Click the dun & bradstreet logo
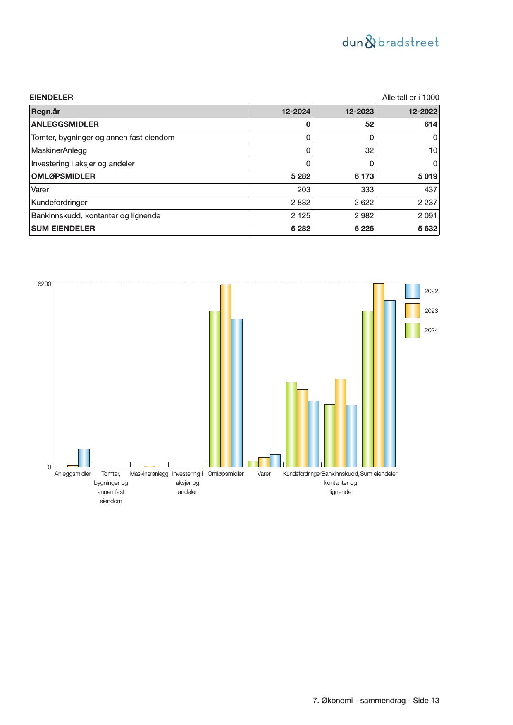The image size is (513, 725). pyautogui.click(x=390, y=42)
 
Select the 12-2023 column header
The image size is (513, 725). pyautogui.click(x=359, y=112)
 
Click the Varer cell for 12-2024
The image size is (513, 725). pyautogui.click(x=303, y=190)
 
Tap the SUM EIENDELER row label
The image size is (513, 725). pyautogui.click(x=63, y=229)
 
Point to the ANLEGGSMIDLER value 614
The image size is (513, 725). pyautogui.click(x=430, y=124)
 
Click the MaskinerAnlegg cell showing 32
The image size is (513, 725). pyautogui.click(x=369, y=150)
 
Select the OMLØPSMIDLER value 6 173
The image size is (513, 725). pyautogui.click(x=364, y=176)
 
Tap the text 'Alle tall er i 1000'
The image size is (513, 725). pyautogui.click(x=410, y=98)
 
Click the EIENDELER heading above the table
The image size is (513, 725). pyautogui.click(x=51, y=98)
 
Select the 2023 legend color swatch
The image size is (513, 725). pyautogui.click(x=412, y=311)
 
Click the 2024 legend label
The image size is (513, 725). pyautogui.click(x=431, y=330)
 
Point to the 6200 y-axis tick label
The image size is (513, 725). pyautogui.click(x=44, y=284)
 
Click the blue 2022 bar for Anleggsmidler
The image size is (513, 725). pyautogui.click(x=84, y=458)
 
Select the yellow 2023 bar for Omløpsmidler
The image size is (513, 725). pyautogui.click(x=226, y=376)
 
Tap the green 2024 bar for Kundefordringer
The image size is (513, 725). pyautogui.click(x=291, y=425)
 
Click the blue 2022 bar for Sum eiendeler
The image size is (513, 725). pyautogui.click(x=390, y=384)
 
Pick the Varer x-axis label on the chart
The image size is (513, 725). pyautogui.click(x=264, y=474)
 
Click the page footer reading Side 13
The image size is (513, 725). pyautogui.click(x=376, y=701)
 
